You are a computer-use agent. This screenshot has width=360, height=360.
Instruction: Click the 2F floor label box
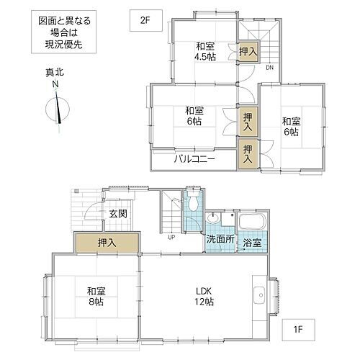tap(143, 19)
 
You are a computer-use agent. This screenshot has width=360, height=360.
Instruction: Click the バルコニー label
tap(194, 158)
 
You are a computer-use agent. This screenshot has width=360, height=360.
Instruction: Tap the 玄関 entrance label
tap(117, 213)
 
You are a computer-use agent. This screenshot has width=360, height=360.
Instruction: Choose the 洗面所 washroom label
tap(218, 239)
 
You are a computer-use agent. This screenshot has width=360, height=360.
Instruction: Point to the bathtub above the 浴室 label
tap(252, 221)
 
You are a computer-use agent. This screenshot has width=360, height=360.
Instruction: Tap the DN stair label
tap(269, 68)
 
